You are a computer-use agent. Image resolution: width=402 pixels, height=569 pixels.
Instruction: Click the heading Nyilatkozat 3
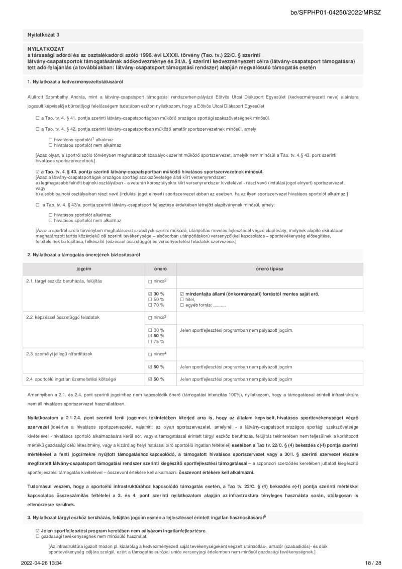tap(44, 35)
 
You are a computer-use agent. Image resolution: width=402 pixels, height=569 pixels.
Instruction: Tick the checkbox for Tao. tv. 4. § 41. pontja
tap(38, 118)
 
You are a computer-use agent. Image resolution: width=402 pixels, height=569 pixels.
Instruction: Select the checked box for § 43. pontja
tap(38, 171)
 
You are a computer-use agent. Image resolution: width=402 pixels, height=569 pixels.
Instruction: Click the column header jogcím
tap(84, 269)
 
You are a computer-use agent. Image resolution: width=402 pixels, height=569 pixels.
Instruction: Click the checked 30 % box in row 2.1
tap(150, 294)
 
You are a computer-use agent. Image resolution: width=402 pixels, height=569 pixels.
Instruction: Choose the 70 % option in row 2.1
tap(150, 305)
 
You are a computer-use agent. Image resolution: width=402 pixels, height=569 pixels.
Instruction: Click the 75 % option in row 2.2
tap(150, 341)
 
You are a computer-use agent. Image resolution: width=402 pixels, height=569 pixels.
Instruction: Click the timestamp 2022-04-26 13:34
tap(41, 562)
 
